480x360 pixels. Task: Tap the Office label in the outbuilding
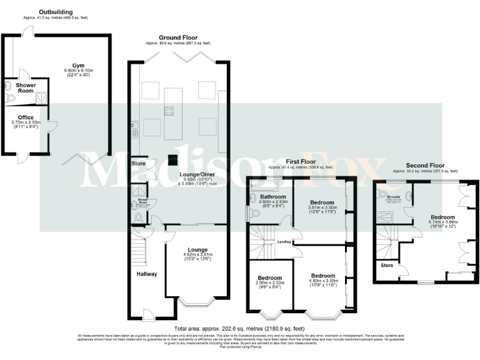click(26, 117)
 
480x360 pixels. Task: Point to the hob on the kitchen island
click(168, 111)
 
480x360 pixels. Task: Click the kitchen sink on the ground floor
click(134, 131)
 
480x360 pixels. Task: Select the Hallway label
click(147, 274)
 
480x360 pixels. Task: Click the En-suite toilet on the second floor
click(382, 194)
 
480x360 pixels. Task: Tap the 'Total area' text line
click(240, 328)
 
